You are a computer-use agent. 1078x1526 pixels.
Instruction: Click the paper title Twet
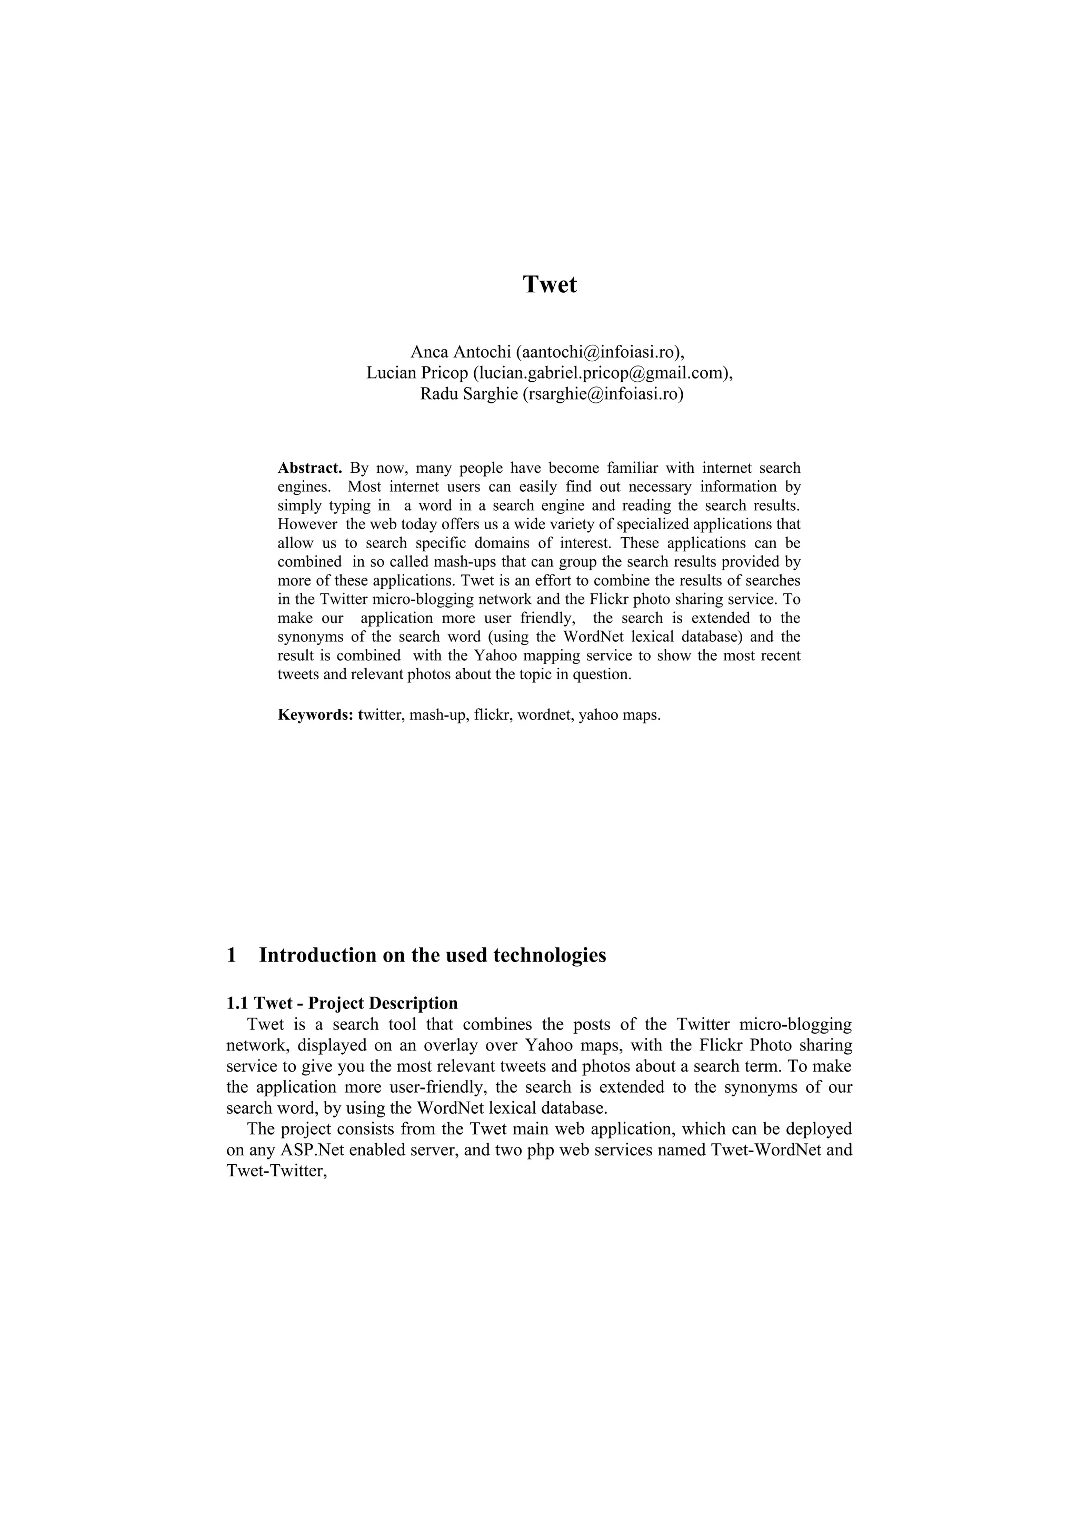pos(550,284)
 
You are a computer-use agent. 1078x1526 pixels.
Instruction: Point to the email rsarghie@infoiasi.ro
pos(603,394)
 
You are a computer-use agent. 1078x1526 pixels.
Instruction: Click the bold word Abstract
pos(310,468)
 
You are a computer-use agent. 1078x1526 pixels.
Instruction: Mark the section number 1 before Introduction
pos(232,955)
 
